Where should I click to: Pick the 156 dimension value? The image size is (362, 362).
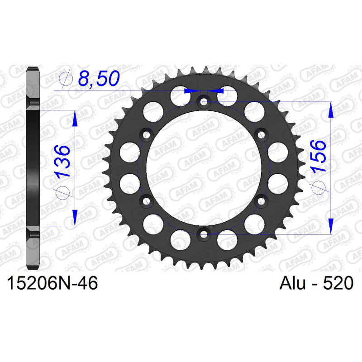(318, 156)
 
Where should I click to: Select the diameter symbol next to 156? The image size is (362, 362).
(318, 187)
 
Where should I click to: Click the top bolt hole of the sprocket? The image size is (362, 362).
(204, 102)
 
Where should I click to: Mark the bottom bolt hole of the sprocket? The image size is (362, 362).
(204, 234)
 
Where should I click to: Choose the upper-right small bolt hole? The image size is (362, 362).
(261, 134)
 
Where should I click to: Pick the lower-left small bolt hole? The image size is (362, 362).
(147, 200)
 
